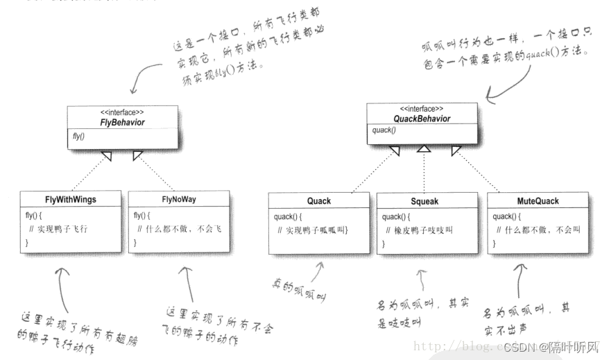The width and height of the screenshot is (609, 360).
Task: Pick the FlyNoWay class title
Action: tap(178, 200)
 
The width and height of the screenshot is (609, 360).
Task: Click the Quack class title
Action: tap(319, 201)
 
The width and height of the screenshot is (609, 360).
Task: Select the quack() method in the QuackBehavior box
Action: tap(384, 130)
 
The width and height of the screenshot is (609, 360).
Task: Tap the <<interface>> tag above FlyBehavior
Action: tap(121, 112)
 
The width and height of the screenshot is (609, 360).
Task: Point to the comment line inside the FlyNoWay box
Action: tap(178, 229)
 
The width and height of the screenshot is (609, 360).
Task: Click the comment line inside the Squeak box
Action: tap(423, 230)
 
